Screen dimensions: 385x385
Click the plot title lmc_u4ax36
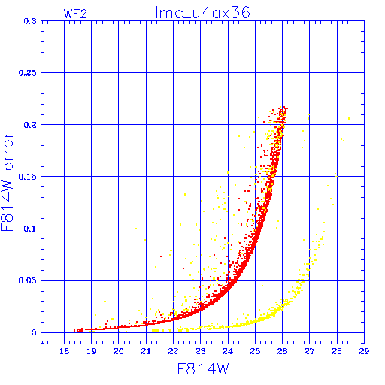point(202,13)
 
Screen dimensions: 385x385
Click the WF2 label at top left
point(75,14)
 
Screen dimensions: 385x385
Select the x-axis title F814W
point(203,369)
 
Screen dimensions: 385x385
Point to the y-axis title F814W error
point(7,181)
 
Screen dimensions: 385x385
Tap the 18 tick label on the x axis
point(65,351)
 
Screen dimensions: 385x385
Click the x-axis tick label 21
point(146,351)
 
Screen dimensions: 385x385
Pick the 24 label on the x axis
point(228,351)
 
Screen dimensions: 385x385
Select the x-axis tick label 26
point(282,351)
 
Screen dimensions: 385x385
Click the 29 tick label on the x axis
point(364,351)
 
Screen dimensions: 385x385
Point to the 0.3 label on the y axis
point(30,21)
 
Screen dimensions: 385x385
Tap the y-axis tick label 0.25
point(28,73)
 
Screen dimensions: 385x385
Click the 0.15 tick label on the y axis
point(28,177)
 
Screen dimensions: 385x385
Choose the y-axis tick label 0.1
point(30,229)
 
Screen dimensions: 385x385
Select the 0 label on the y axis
point(34,333)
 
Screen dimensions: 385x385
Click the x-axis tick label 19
point(92,351)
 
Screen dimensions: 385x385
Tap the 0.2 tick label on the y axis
point(30,125)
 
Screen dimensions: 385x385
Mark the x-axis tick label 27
point(309,351)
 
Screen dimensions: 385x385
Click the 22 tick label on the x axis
point(173,351)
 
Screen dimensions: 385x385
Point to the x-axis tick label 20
point(119,351)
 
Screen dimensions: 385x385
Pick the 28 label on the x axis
point(337,351)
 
